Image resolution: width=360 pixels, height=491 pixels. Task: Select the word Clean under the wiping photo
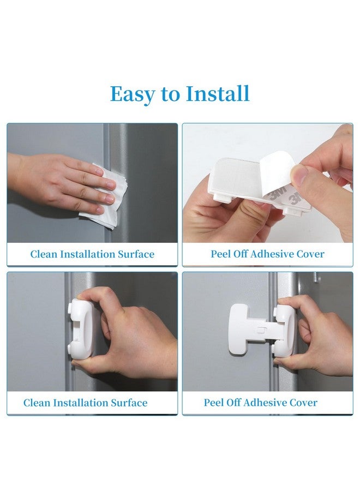click(x=44, y=254)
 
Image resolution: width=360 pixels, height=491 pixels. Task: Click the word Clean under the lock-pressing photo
click(x=37, y=403)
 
